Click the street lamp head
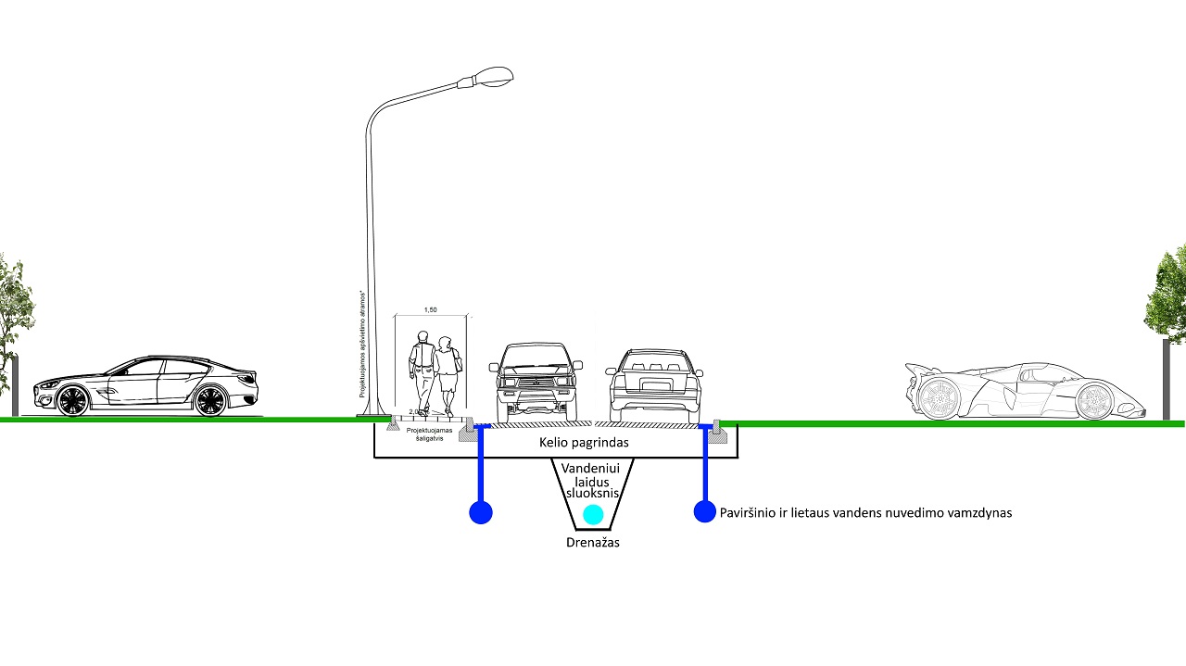(x=490, y=77)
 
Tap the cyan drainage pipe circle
(x=593, y=514)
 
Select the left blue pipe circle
(x=480, y=512)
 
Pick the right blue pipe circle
(x=705, y=511)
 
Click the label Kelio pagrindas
(x=584, y=443)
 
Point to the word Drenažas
(x=593, y=542)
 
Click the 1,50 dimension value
(x=430, y=309)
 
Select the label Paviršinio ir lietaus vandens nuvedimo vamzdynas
(x=865, y=512)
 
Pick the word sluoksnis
(x=593, y=495)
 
